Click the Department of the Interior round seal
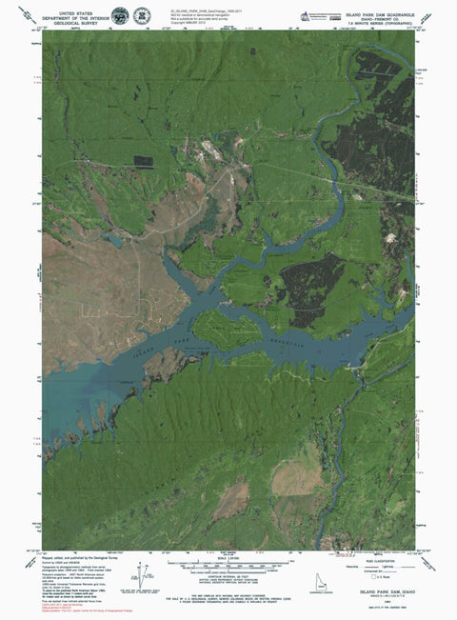[x=119, y=15]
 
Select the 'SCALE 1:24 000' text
[x=228, y=557]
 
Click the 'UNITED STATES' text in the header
[x=78, y=7]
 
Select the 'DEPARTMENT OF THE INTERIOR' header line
[x=78, y=14]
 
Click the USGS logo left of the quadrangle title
[x=305, y=15]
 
